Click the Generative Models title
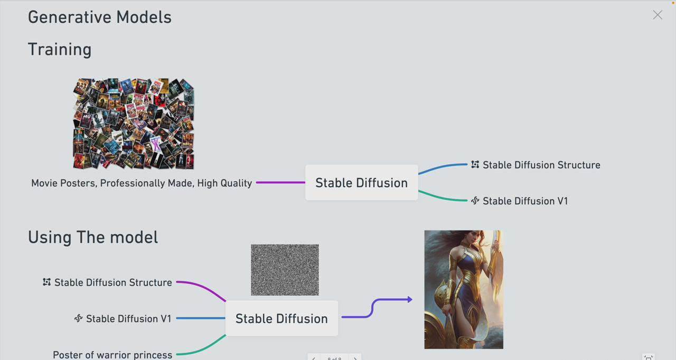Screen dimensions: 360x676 (x=99, y=17)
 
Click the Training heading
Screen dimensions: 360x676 (x=60, y=50)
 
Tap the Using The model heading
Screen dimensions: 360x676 (x=93, y=238)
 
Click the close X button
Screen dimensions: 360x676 (x=657, y=15)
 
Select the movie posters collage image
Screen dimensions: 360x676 (x=134, y=124)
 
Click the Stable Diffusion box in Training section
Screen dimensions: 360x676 (x=361, y=183)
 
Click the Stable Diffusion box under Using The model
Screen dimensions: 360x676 (x=281, y=318)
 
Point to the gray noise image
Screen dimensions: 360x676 (x=285, y=270)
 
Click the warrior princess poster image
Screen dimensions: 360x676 (x=464, y=289)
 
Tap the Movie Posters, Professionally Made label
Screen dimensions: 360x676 (x=142, y=183)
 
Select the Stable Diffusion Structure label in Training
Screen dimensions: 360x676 (x=541, y=165)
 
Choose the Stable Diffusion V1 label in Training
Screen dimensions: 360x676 (x=525, y=201)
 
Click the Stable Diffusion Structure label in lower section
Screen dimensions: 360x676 (x=113, y=282)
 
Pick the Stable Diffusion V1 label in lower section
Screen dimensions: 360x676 (x=128, y=319)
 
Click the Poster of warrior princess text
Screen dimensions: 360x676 (x=112, y=355)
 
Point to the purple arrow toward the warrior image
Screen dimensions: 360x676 (x=376, y=305)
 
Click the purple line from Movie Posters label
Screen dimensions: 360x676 (x=280, y=183)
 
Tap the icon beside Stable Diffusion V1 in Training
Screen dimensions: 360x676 (x=475, y=201)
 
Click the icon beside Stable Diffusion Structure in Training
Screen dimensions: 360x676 (x=475, y=165)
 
